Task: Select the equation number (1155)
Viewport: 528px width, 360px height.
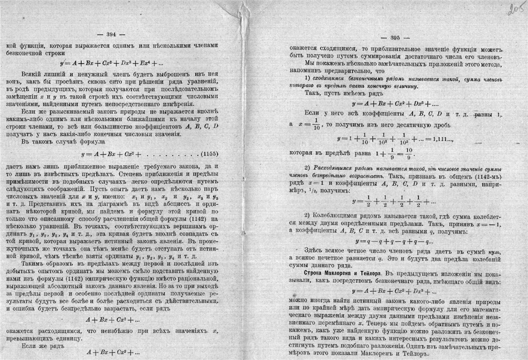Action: click(209, 154)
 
